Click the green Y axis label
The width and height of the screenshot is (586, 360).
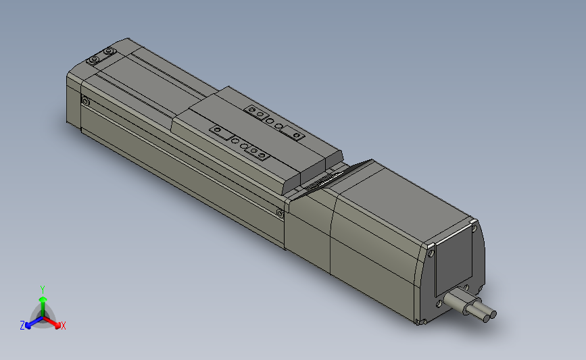tap(43, 288)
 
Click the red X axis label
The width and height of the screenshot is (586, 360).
tap(64, 326)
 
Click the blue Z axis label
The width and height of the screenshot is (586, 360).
tap(22, 326)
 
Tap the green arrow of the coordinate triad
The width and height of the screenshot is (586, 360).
tap(43, 301)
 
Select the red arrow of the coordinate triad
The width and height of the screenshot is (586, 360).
tap(54, 321)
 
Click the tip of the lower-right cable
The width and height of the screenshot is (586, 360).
tap(491, 314)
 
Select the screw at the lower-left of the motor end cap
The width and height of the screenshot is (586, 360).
tap(440, 303)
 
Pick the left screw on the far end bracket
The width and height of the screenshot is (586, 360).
tap(93, 61)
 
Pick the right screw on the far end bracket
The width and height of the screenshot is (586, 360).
tap(108, 51)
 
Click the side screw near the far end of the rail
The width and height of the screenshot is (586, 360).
tap(85, 101)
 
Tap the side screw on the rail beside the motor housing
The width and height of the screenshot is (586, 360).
tap(280, 213)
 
